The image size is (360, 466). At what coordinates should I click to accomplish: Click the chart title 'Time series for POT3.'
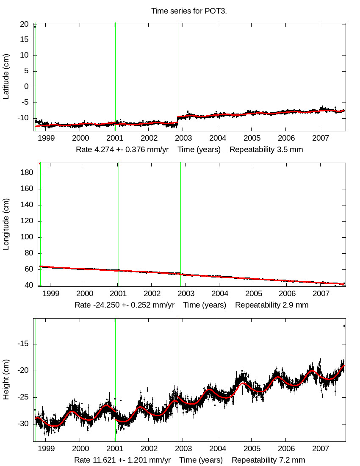click(x=189, y=11)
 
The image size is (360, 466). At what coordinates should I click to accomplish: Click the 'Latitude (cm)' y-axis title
click(x=6, y=77)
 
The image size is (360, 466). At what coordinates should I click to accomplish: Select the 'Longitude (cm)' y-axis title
click(x=6, y=224)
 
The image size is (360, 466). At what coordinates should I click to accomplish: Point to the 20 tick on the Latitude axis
click(x=24, y=24)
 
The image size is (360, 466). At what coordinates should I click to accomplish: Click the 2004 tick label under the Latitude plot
click(x=217, y=138)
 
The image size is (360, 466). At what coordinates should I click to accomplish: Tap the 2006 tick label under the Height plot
click(x=286, y=449)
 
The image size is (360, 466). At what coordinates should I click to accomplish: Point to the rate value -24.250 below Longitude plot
click(x=102, y=305)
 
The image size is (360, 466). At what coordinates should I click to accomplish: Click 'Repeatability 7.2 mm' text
click(x=268, y=460)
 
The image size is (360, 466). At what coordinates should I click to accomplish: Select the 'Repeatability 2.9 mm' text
click(x=271, y=305)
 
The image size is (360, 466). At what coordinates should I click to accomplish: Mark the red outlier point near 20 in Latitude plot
click(x=35, y=27)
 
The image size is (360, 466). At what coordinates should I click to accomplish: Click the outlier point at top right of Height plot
click(x=344, y=326)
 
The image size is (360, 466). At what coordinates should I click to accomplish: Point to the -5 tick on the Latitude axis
click(x=24, y=102)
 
